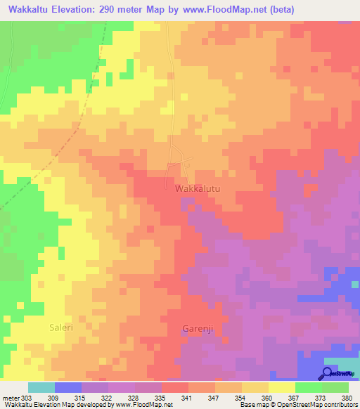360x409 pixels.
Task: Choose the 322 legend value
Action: tap(107, 398)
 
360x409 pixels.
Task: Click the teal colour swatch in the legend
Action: tap(41, 387)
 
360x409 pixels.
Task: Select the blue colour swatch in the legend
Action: tap(68, 387)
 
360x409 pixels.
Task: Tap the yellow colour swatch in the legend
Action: tap(282, 387)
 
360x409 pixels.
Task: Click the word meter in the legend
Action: tap(11, 398)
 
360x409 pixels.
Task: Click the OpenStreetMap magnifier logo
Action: tap(328, 372)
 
